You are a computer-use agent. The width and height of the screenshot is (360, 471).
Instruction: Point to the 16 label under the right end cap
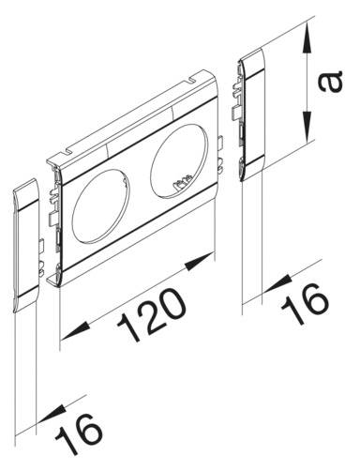point(306,299)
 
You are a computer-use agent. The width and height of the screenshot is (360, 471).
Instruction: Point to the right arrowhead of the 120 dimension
point(202,264)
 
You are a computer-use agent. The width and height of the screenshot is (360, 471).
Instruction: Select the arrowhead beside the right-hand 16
point(273,283)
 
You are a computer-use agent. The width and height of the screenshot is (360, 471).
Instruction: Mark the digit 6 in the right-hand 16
point(315,295)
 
